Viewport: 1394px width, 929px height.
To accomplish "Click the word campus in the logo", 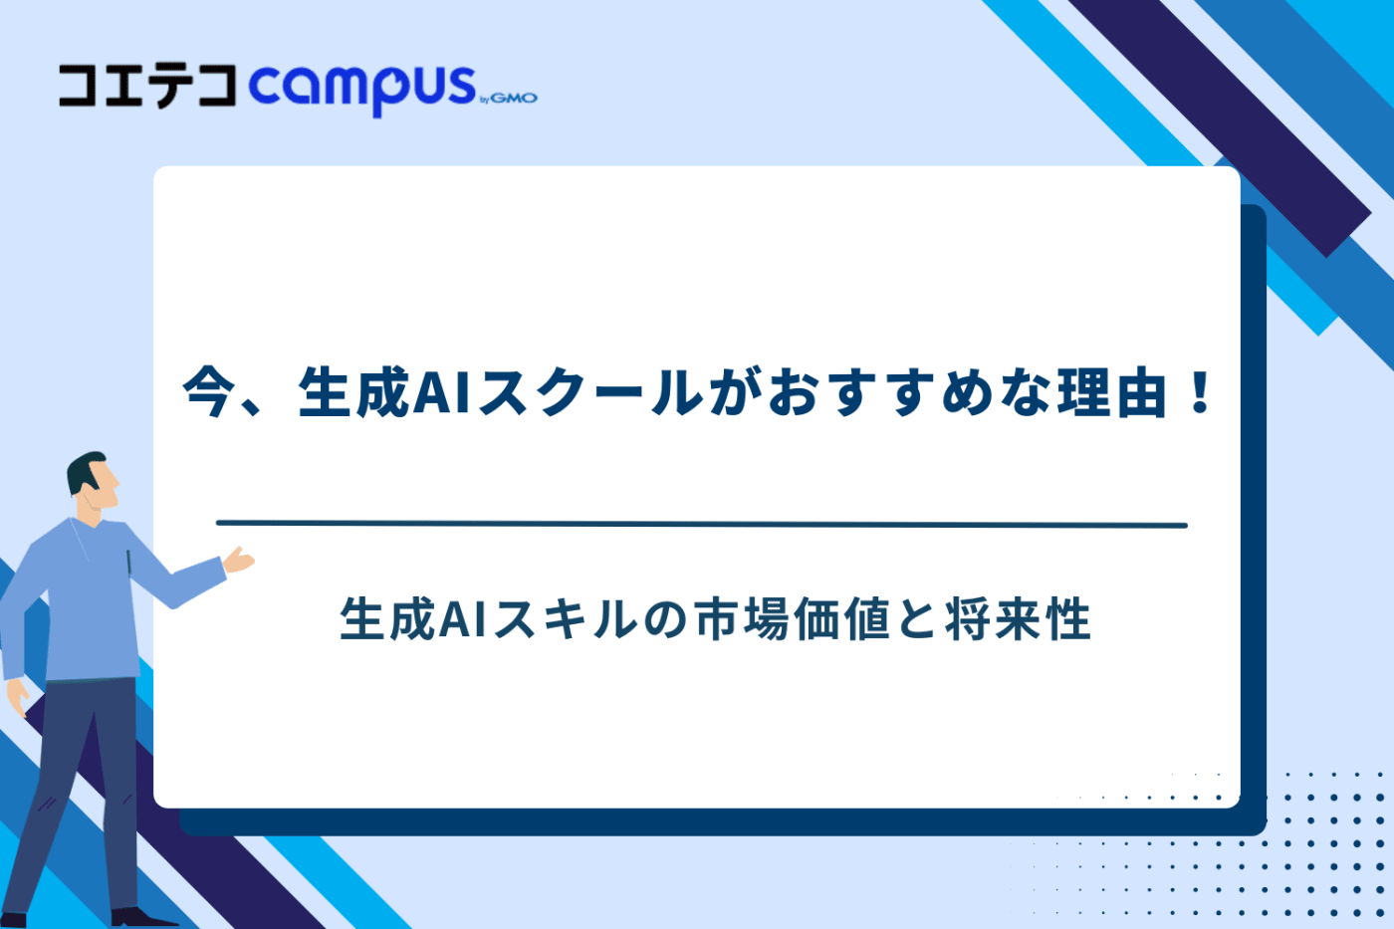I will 362,88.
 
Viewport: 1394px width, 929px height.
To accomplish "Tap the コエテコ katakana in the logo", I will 147,86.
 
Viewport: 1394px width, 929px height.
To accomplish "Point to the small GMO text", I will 514,98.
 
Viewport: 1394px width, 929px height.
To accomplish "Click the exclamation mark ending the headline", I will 1200,392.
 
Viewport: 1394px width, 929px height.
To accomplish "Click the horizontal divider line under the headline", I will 701,524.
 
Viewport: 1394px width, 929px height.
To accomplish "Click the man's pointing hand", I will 239,560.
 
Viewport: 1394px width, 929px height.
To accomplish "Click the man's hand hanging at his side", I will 17,696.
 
